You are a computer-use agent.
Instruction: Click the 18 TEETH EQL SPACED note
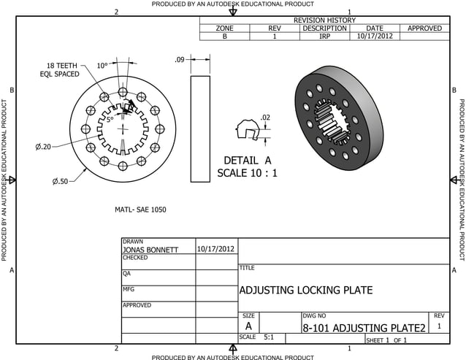58,69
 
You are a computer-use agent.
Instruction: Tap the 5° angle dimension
110,119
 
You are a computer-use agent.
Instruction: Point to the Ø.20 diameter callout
44,147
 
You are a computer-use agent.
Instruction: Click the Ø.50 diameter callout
60,181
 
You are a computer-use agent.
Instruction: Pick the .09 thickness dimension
179,60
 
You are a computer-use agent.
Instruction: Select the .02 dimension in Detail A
265,118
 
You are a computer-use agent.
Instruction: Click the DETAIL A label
247,161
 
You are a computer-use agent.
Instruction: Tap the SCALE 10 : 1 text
247,174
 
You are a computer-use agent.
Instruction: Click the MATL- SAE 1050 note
140,210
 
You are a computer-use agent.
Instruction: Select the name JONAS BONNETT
150,250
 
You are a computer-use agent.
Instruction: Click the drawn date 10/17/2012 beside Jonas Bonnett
216,249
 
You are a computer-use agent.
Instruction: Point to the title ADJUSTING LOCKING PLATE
305,291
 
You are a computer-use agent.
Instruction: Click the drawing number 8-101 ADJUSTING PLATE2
364,329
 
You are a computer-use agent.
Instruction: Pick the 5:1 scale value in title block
269,338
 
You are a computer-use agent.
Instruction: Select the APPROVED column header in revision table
424,28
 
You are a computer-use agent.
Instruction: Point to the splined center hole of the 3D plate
330,123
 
